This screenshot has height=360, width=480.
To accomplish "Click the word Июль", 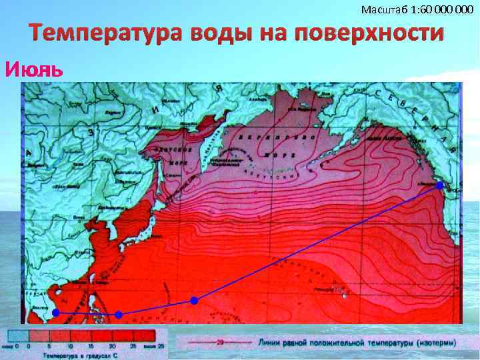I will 34,69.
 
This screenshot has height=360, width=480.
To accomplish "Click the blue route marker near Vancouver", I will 440,185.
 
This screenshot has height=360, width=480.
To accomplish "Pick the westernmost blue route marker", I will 56,312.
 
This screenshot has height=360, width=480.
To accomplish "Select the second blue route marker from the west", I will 119,314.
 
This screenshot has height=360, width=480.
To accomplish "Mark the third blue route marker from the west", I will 194,301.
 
